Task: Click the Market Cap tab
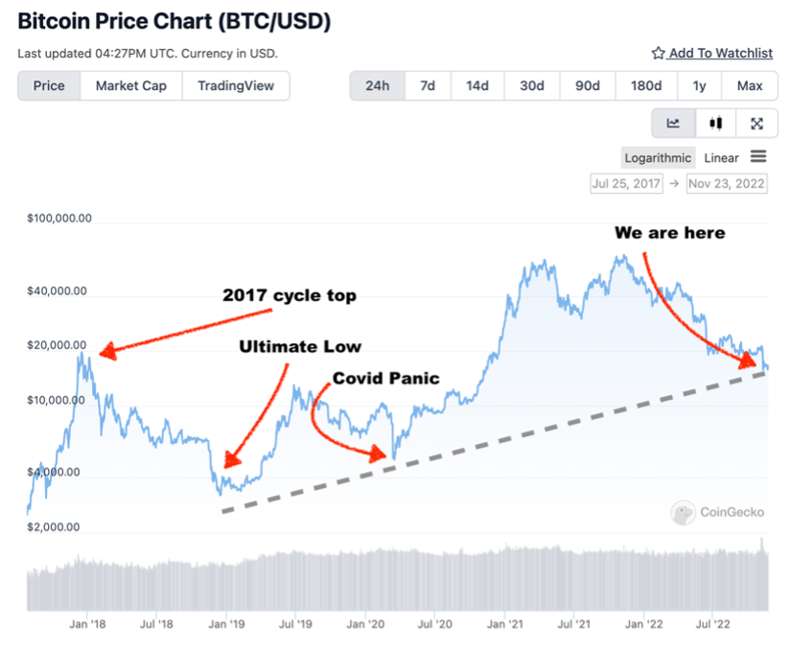point(130,85)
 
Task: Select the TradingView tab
point(236,85)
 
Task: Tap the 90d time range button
point(587,85)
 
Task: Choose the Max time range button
point(750,85)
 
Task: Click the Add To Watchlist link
point(711,53)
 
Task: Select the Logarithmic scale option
point(658,157)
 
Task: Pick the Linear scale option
point(721,157)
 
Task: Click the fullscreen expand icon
point(756,123)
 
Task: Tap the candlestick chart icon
point(715,123)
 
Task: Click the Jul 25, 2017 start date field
point(626,183)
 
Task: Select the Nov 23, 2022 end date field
point(727,183)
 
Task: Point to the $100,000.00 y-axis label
point(59,218)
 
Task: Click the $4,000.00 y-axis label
point(57,472)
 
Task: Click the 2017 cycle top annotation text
point(290,295)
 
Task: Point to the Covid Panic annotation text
point(385,378)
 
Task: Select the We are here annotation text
point(669,233)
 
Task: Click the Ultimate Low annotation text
point(300,346)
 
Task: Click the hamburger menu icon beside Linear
point(758,156)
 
